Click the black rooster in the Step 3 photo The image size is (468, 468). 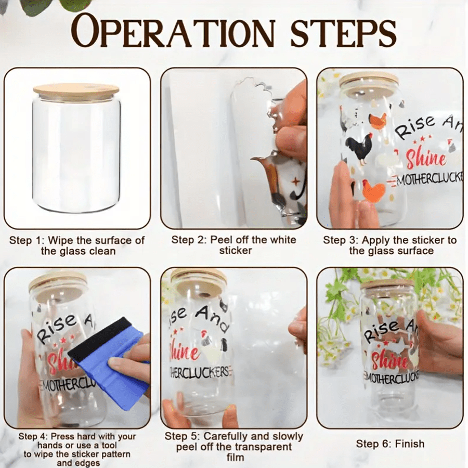pos(359,149)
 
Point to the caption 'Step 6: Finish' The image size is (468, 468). pos(390,444)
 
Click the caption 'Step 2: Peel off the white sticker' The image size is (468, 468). pos(233,245)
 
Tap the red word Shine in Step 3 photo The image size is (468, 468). pos(426,158)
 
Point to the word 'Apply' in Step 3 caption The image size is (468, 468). pos(376,240)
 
